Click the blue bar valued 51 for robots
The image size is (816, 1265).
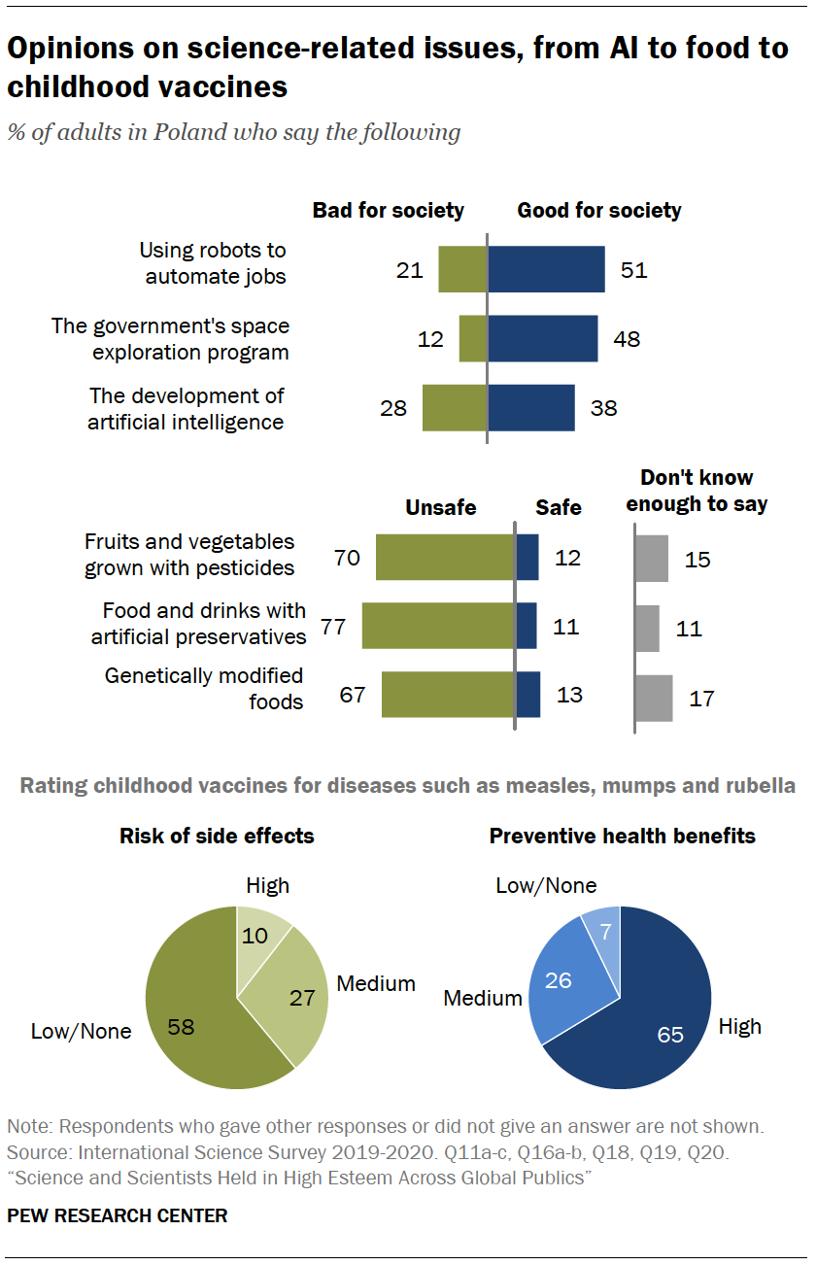(x=546, y=269)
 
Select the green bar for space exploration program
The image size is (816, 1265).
(x=473, y=338)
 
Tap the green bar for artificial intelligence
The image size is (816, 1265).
(x=455, y=408)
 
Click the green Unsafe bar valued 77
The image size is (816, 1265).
(x=438, y=626)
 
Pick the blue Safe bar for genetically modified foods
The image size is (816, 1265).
(x=527, y=695)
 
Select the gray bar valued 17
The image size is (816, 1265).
(x=654, y=698)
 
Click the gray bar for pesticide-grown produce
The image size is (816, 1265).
(x=652, y=559)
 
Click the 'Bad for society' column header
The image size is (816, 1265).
(x=388, y=211)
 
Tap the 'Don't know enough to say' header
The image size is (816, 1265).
(x=697, y=491)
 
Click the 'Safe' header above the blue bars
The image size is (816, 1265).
(x=559, y=507)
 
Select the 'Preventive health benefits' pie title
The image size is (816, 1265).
(x=622, y=836)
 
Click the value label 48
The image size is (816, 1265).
(x=627, y=339)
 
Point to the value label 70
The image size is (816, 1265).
(x=347, y=558)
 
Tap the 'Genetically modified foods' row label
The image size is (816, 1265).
(x=204, y=688)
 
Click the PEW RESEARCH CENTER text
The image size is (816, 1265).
(x=118, y=1215)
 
